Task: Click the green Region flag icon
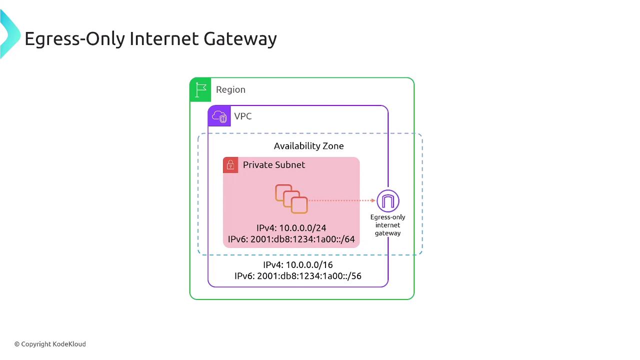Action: click(x=200, y=89)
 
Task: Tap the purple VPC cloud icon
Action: click(x=219, y=116)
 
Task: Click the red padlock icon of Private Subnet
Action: click(x=230, y=165)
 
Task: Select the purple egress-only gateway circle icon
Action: click(x=387, y=201)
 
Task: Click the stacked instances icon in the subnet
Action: click(x=291, y=199)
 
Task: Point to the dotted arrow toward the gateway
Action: click(x=341, y=200)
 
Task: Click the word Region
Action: click(x=230, y=89)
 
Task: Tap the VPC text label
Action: click(x=243, y=116)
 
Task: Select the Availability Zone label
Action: click(x=309, y=146)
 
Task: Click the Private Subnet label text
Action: click(x=274, y=165)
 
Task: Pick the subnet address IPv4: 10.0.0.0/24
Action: click(x=291, y=228)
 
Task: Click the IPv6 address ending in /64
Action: click(x=291, y=239)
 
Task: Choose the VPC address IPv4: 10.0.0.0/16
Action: click(x=298, y=265)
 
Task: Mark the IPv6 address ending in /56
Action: click(x=298, y=276)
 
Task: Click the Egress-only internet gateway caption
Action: click(x=387, y=225)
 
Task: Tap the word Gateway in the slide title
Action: click(x=240, y=39)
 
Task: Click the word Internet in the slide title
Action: click(x=164, y=38)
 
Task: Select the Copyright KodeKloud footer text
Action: click(x=50, y=344)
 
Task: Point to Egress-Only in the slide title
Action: click(x=75, y=39)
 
